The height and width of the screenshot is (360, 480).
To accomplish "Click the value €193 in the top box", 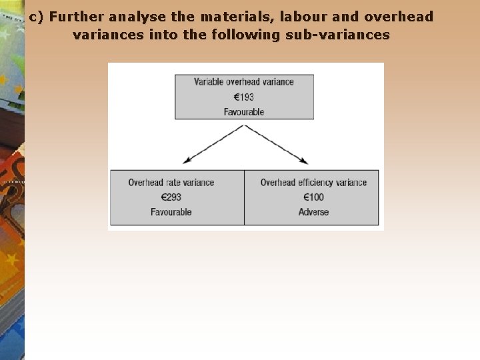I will (243, 97).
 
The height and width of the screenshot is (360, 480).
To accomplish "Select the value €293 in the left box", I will (171, 197).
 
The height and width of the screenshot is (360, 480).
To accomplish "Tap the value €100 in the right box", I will (313, 197).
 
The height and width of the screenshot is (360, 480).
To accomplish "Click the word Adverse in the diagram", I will (313, 212).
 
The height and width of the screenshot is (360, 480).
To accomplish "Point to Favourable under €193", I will (244, 112).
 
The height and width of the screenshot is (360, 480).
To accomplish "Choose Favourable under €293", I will (171, 212).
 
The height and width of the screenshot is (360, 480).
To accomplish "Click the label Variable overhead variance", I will (244, 82).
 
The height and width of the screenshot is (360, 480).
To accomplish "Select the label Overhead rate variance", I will (171, 183).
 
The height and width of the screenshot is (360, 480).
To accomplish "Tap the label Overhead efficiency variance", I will (313, 183).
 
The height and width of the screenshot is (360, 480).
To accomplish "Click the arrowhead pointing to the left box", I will (186, 161).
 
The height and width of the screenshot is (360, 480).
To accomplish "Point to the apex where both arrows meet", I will (245, 126).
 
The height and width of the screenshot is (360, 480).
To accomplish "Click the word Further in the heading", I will (73, 17).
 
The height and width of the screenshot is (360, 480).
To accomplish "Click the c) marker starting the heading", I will (37, 17).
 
